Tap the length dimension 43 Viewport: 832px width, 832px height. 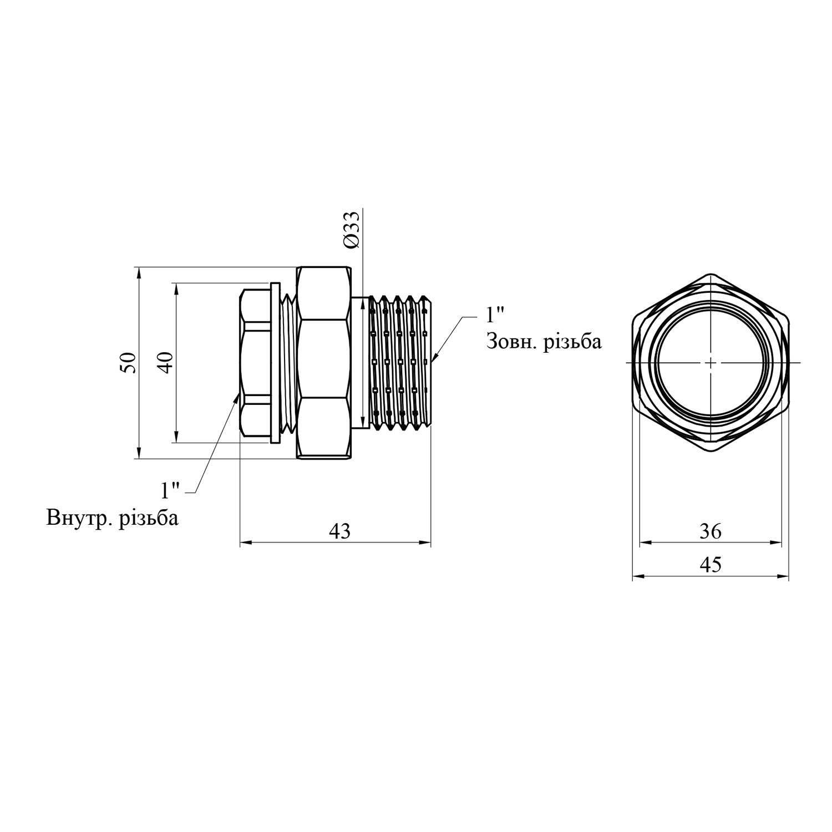coord(340,531)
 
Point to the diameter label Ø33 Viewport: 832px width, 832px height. coord(353,229)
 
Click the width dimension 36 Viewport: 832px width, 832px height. coord(711,531)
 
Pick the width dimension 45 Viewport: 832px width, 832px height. coord(711,565)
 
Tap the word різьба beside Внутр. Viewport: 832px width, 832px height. coord(149,518)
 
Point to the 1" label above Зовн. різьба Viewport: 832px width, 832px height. coord(495,315)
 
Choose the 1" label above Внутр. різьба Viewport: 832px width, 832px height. coord(170,490)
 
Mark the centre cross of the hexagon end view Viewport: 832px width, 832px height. coord(711,363)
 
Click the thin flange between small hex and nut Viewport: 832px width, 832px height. coord(275,363)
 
